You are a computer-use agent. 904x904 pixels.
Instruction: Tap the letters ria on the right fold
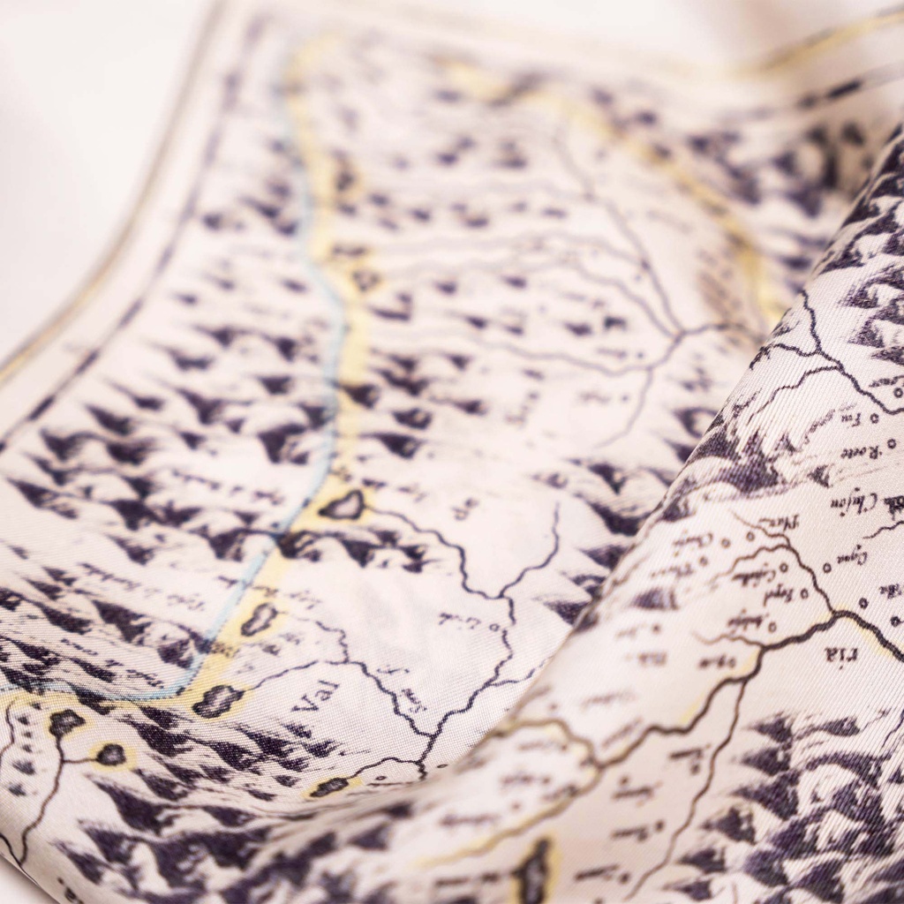coord(837,654)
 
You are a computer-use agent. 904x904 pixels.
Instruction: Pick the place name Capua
coord(851,557)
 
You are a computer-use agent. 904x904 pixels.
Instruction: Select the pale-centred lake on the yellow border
coord(343,506)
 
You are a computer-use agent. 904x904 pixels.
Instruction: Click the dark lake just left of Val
coord(217,701)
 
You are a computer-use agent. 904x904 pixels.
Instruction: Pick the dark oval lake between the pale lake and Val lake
coord(260,620)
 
